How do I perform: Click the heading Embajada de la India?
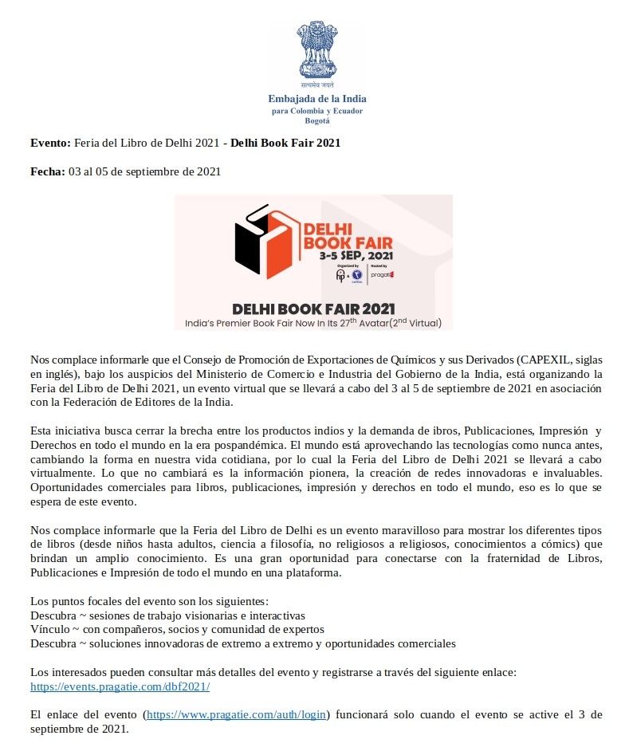tap(316, 99)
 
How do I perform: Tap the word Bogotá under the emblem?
tap(316, 120)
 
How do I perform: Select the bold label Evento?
tap(50, 143)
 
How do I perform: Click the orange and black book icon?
tap(264, 242)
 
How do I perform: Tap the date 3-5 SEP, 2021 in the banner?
tap(357, 256)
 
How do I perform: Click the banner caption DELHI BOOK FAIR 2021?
tap(313, 309)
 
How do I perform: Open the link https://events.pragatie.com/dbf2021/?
tap(120, 686)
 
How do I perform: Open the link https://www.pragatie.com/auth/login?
tap(237, 714)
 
